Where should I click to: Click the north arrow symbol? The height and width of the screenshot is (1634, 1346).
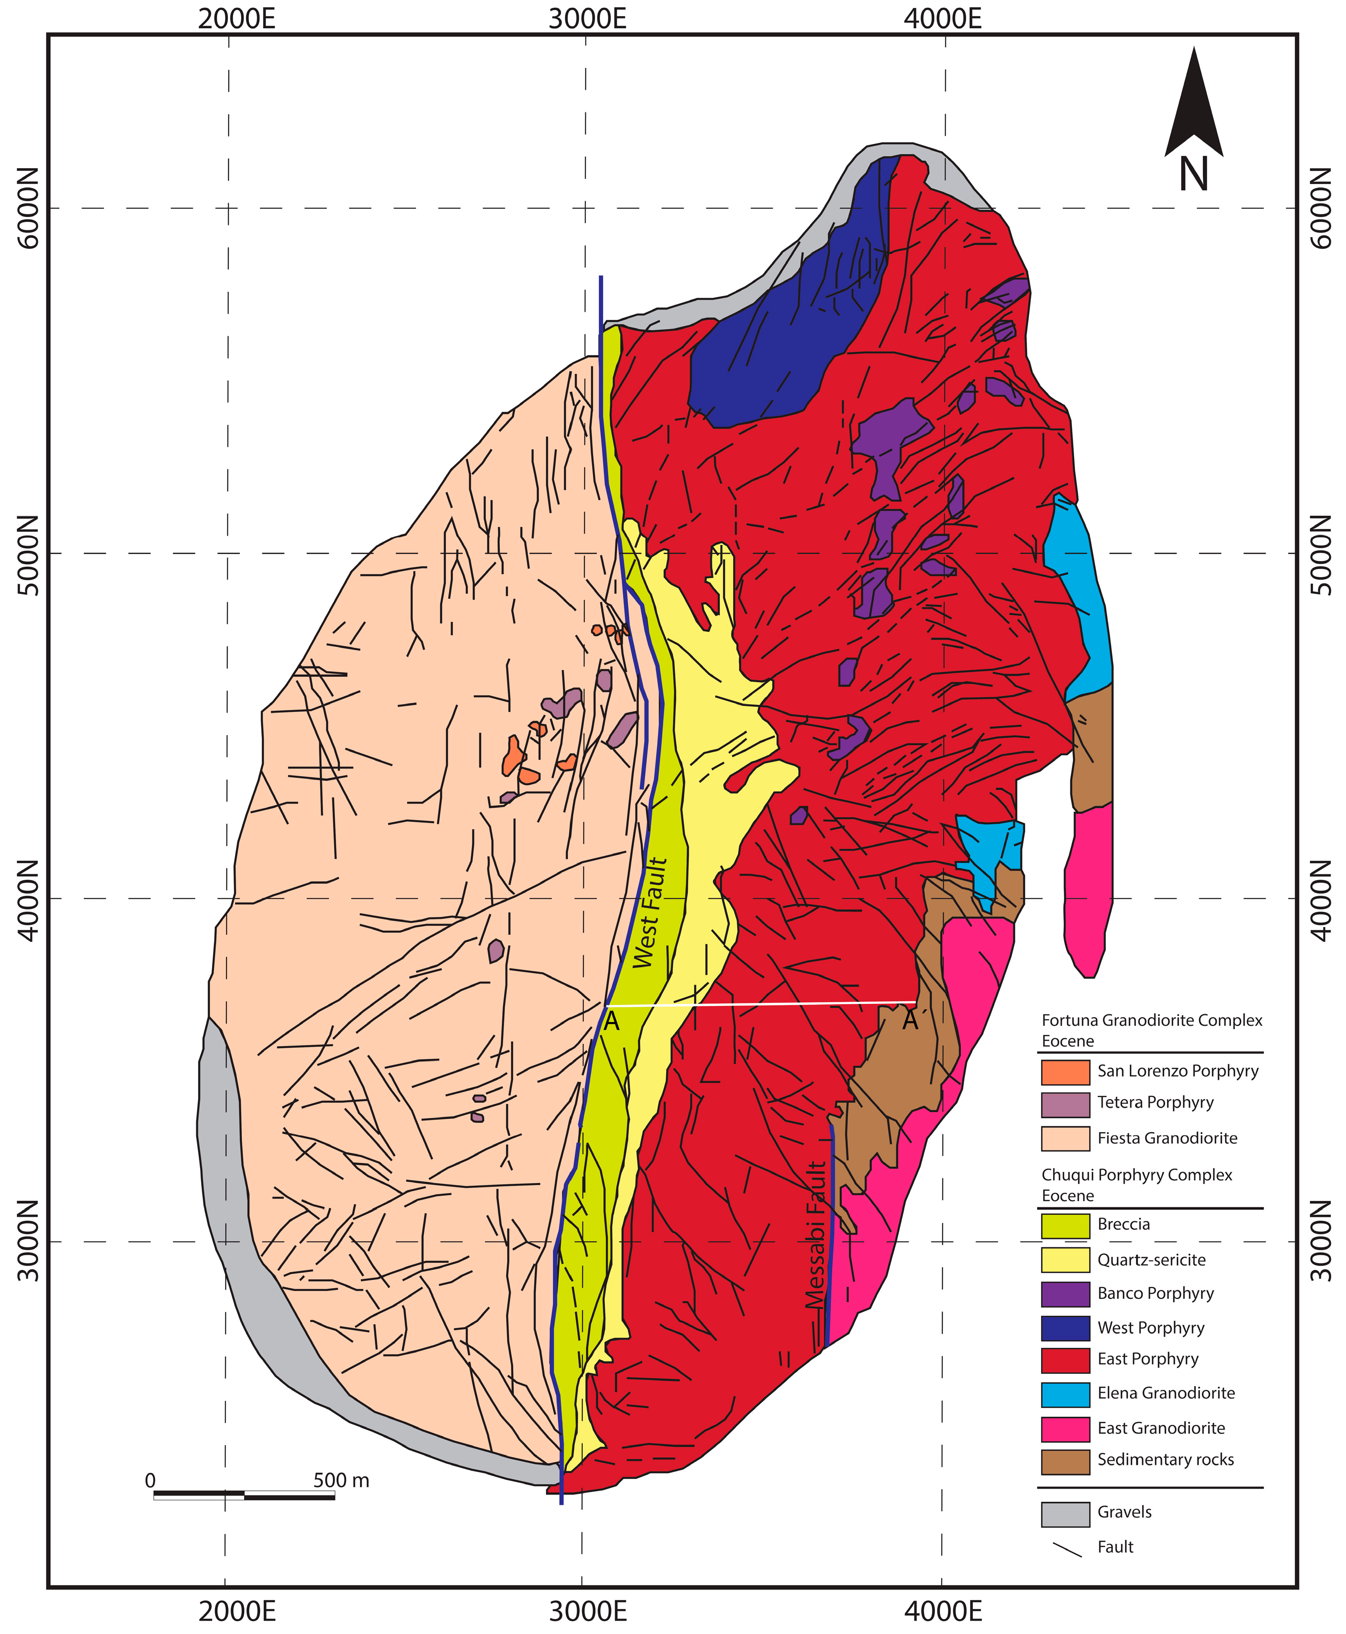1193,108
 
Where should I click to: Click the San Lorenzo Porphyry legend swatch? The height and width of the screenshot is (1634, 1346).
1065,1071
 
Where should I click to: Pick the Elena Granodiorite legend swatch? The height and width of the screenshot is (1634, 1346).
1065,1393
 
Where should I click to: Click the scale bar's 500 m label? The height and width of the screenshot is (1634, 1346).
341,1481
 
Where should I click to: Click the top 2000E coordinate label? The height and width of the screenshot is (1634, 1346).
237,18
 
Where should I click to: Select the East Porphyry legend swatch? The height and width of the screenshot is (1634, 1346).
1065,1360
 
